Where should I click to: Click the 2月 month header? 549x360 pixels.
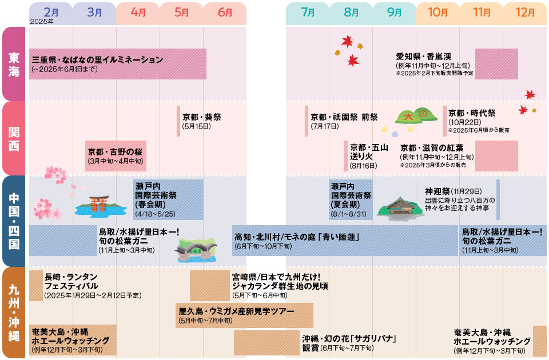pyautogui.click(x=51, y=12)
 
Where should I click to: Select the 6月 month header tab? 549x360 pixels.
pyautogui.click(x=224, y=12)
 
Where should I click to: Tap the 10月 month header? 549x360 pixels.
pyautogui.click(x=437, y=12)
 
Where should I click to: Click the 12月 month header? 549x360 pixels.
pyautogui.click(x=524, y=12)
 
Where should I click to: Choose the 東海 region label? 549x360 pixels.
pyautogui.click(x=14, y=64)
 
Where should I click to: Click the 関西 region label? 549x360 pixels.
pyautogui.click(x=14, y=138)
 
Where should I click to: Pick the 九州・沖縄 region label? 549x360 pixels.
pyautogui.click(x=14, y=312)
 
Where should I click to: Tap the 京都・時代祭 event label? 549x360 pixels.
pyautogui.click(x=472, y=113)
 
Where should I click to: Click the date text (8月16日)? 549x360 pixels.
pyautogui.click(x=364, y=166)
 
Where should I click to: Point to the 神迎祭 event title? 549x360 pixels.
pyautogui.click(x=437, y=191)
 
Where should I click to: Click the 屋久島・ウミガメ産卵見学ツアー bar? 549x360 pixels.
pyautogui.click(x=245, y=311)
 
